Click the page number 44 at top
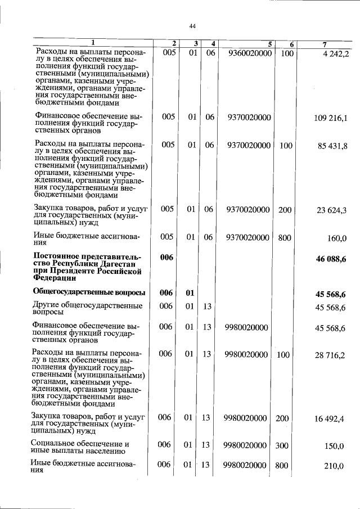192,26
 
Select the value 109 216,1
332,118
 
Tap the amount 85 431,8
334,146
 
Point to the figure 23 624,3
334,210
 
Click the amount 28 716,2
334,355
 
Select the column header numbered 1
93,43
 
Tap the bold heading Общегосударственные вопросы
89,292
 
